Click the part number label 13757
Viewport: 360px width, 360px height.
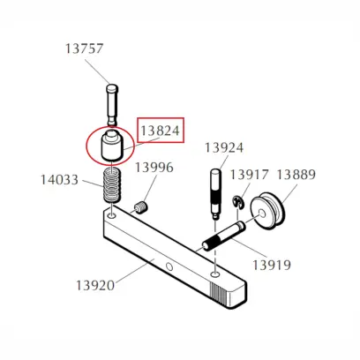tap(83, 49)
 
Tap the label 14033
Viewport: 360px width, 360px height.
tap(59, 180)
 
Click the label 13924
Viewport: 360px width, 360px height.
tap(224, 147)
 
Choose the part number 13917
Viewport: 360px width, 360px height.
tap(249, 175)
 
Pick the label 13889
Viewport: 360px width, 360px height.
tap(296, 175)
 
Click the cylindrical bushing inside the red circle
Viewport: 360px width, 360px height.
tap(112, 146)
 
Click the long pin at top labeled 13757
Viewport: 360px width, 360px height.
tap(110, 104)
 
